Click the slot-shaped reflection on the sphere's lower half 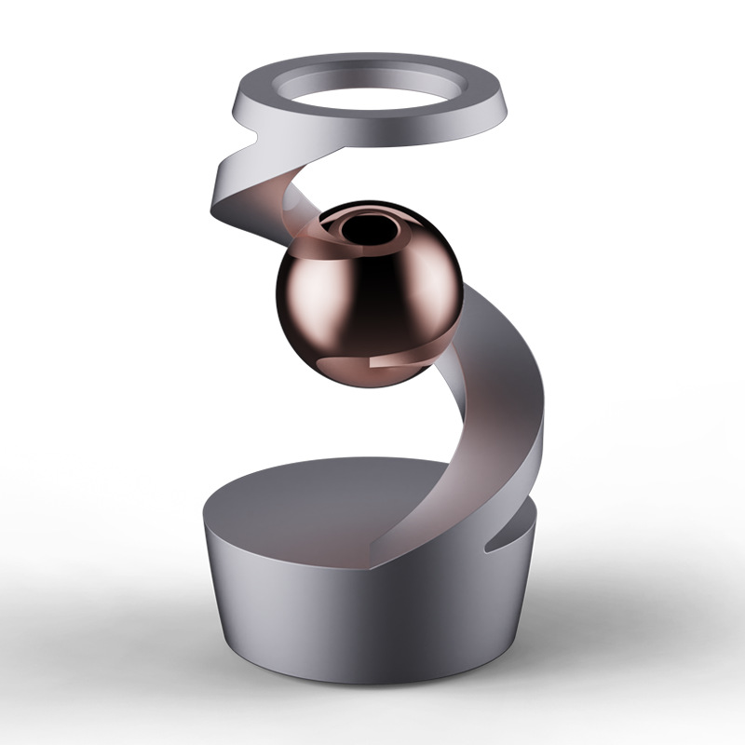372,355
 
